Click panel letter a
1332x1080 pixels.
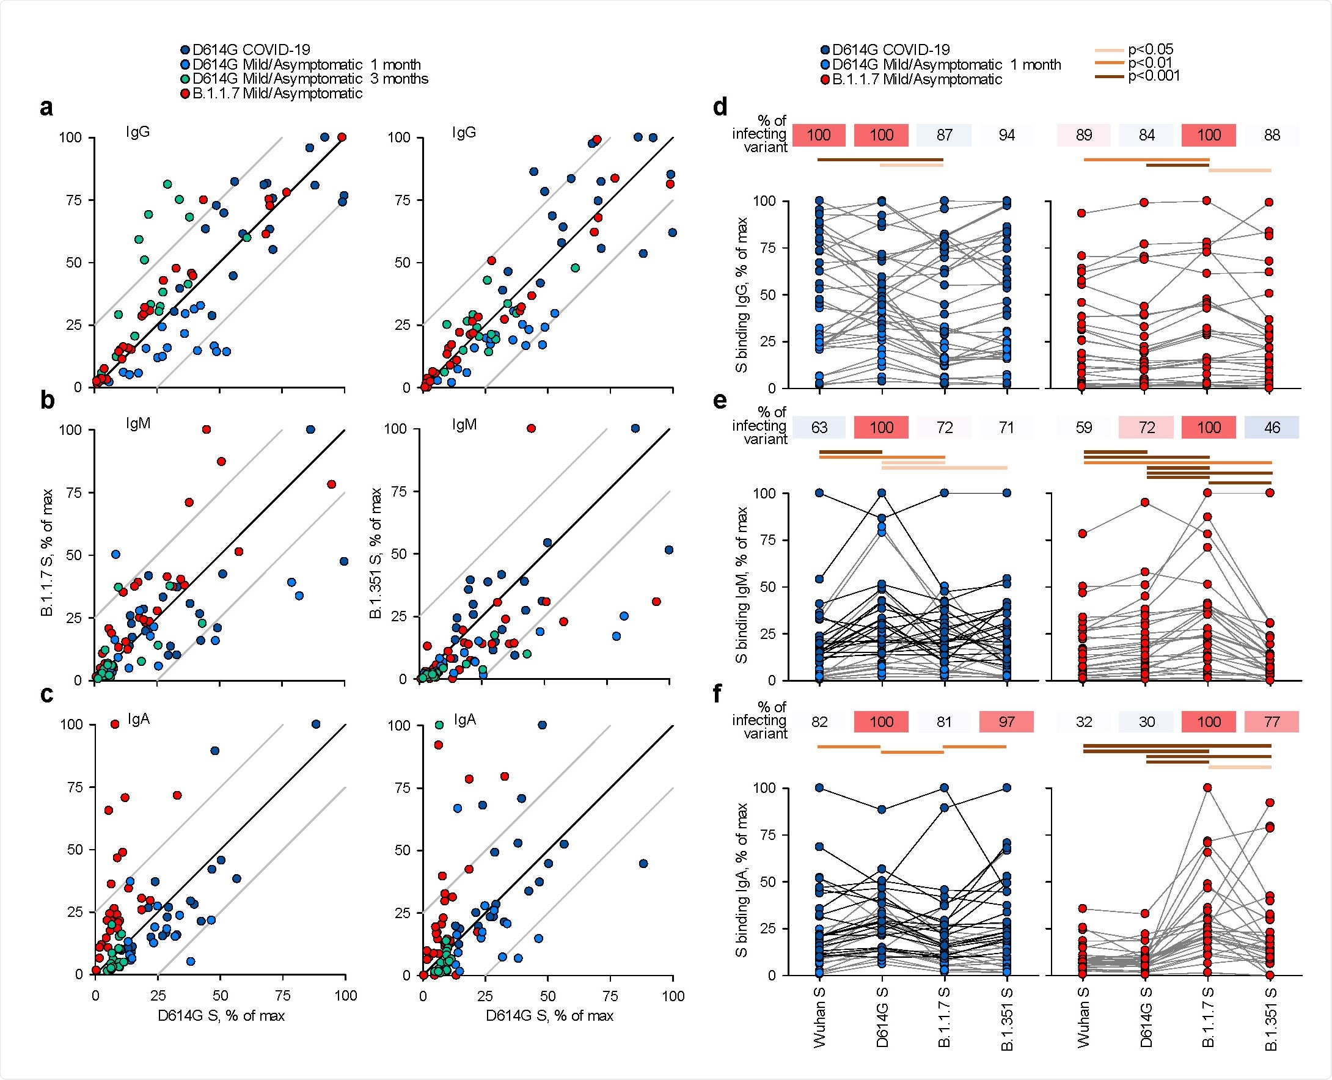46,108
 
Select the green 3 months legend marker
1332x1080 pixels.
185,79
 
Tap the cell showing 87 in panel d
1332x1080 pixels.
944,135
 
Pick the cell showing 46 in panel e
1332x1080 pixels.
1272,428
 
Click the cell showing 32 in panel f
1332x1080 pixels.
1084,721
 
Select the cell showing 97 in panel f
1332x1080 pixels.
1006,721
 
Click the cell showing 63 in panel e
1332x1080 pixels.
819,428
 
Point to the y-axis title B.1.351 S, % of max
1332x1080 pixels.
376,553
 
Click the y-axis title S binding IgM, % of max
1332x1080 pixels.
742,585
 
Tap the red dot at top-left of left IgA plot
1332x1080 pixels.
114,724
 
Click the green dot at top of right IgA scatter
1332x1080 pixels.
439,724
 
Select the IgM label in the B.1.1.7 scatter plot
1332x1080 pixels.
137,425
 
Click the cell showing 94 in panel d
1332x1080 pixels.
1006,135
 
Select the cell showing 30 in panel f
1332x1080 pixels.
1146,721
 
